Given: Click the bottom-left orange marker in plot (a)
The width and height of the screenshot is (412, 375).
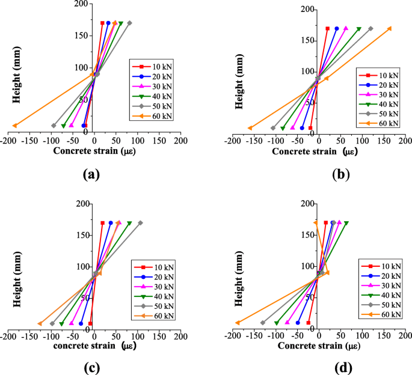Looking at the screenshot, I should (14, 125).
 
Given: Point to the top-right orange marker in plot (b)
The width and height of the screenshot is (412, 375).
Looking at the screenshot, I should (390, 28).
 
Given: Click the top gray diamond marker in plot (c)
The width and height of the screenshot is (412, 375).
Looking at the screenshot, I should (140, 223).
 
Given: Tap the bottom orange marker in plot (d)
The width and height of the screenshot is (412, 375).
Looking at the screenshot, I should (237, 323).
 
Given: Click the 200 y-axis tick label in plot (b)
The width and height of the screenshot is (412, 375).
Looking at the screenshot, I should (224, 9).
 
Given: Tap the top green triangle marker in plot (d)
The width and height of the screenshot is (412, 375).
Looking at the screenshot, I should (346, 223).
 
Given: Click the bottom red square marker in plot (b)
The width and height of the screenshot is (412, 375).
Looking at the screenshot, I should (310, 128).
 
